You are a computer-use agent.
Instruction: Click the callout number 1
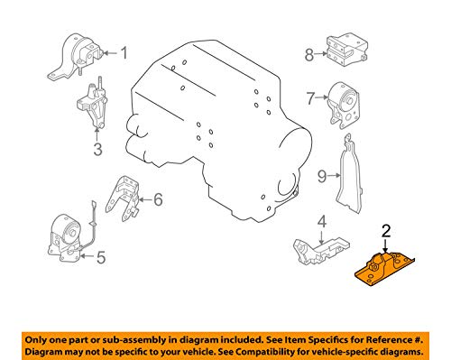(124, 53)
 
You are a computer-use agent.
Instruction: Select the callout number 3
(97, 149)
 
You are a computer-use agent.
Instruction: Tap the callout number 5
(101, 257)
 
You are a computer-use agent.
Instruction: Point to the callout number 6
(158, 199)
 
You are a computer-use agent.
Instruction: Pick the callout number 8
(309, 55)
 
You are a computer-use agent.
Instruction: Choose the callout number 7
(310, 97)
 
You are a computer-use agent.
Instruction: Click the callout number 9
(322, 176)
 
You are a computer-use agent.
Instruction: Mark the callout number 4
(322, 222)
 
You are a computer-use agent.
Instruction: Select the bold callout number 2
(386, 231)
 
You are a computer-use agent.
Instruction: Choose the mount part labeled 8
(347, 50)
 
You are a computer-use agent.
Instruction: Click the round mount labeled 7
(343, 106)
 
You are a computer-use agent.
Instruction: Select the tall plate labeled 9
(350, 178)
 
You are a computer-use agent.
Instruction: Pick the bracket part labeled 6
(124, 198)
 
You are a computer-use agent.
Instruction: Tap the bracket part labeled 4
(320, 250)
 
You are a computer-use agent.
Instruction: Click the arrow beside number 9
(335, 175)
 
